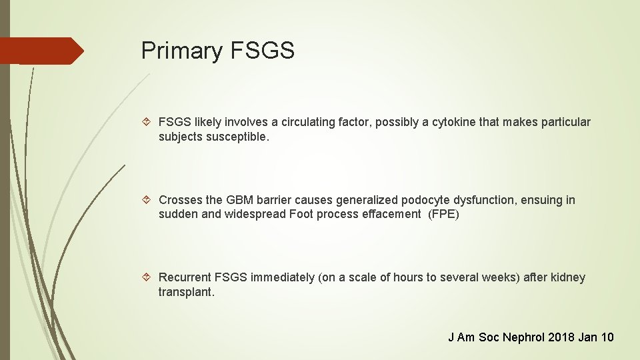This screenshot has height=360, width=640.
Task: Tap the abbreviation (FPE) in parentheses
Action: coord(444,214)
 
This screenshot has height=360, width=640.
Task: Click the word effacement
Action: coord(390,214)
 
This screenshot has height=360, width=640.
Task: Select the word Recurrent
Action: coord(185,277)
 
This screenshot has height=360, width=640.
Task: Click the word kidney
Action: coord(568,277)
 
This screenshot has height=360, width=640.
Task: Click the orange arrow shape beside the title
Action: coord(41,51)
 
